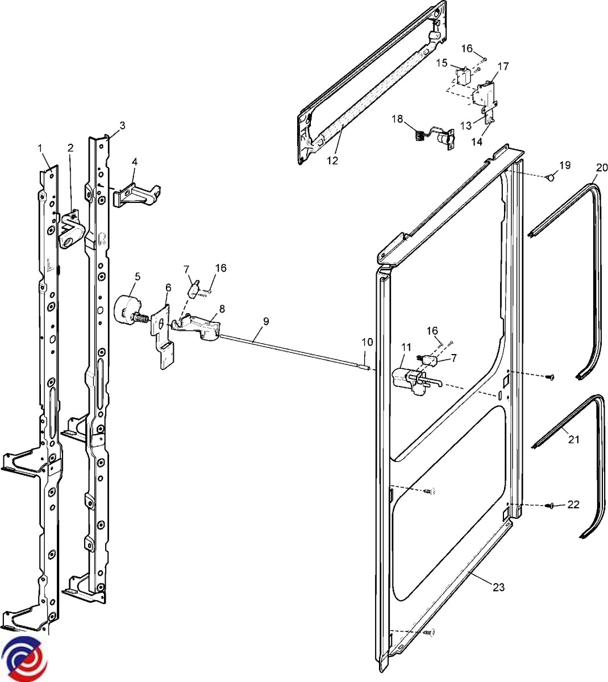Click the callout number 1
tap(40, 148)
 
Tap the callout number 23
tap(498, 587)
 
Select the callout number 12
tap(332, 161)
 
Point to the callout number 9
tap(266, 321)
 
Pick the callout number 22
tap(573, 504)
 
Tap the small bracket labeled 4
tap(136, 193)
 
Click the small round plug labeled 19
tap(549, 178)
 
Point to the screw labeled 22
tap(551, 505)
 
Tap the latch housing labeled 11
tap(408, 378)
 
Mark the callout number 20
tap(602, 167)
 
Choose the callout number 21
tap(574, 439)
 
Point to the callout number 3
tap(122, 125)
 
